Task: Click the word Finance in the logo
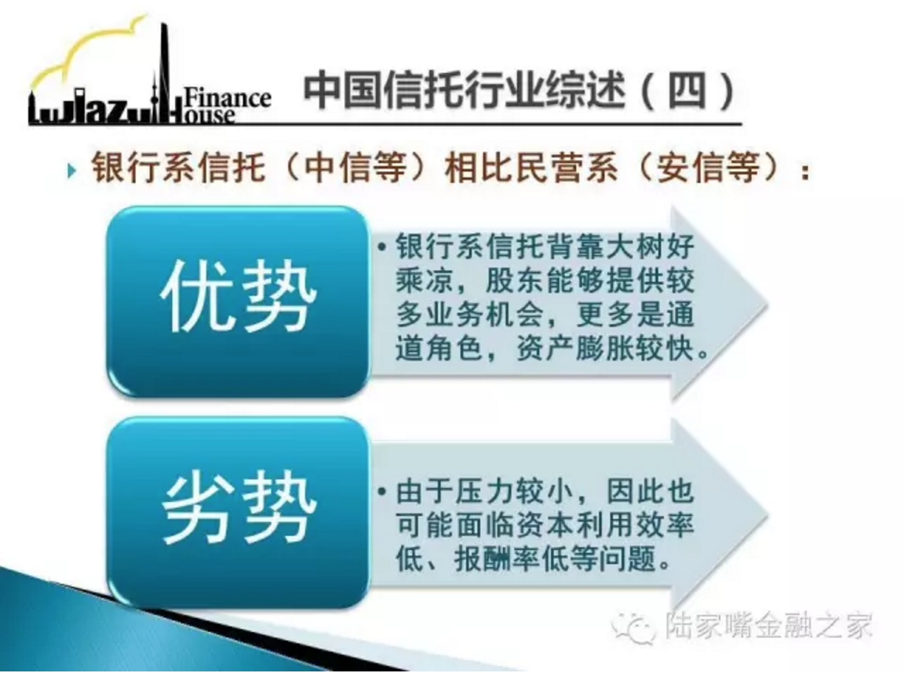[x=227, y=97]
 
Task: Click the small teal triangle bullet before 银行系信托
[x=71, y=170]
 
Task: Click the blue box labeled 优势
[x=238, y=300]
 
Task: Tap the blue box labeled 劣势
[x=238, y=511]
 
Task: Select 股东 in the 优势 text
[x=516, y=281]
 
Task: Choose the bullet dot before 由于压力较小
[x=381, y=493]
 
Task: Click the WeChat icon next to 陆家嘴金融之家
[x=633, y=626]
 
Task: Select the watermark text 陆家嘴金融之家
[x=768, y=624]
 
